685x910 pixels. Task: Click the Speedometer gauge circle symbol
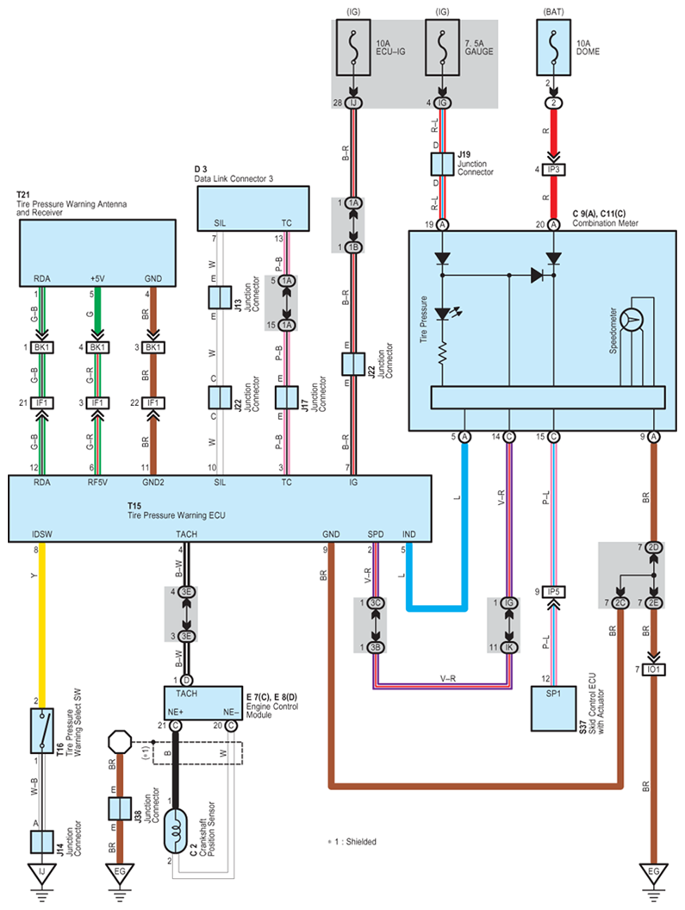(633, 319)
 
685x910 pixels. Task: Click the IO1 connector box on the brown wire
(654, 670)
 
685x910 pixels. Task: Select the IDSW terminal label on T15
(41, 535)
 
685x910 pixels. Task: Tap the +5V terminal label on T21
(97, 278)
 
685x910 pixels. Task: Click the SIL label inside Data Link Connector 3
(220, 222)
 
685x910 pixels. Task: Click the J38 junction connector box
(118, 808)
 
